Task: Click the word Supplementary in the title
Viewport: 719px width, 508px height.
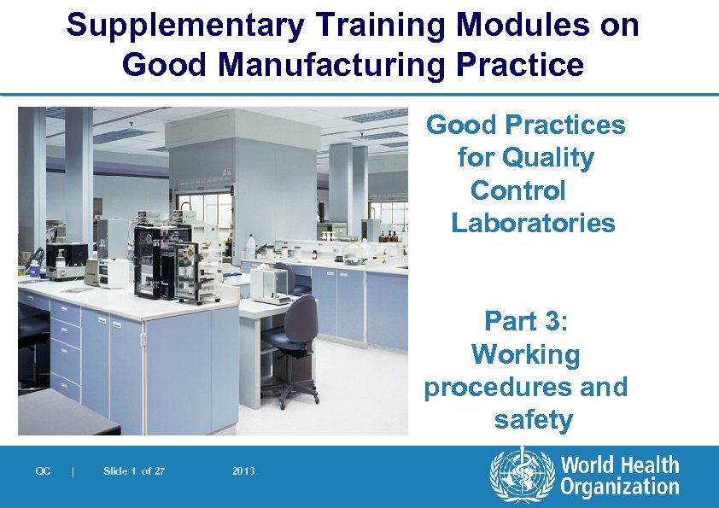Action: (184, 26)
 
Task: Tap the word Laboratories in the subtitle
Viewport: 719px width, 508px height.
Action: (533, 224)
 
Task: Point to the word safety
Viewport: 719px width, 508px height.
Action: (533, 420)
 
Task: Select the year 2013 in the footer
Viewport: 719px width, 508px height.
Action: (243, 471)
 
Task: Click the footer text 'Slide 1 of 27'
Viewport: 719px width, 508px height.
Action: (133, 471)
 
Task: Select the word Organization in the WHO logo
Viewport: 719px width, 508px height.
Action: (620, 488)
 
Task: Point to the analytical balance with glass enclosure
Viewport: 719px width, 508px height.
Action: (272, 282)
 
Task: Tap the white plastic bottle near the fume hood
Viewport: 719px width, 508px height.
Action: (250, 246)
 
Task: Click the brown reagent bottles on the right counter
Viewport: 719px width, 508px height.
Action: (389, 236)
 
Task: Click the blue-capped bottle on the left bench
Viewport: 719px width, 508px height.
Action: (34, 268)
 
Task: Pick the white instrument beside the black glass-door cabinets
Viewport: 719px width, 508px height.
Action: (113, 271)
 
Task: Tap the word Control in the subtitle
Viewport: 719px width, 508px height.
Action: (517, 190)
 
